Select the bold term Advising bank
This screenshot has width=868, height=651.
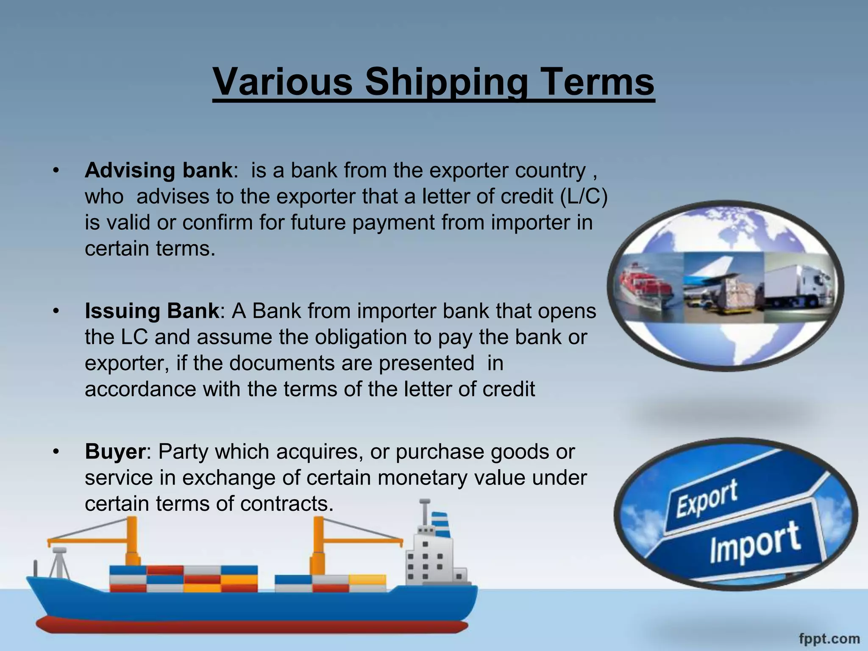pyautogui.click(x=159, y=170)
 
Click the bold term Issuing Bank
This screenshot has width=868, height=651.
pyautogui.click(x=152, y=311)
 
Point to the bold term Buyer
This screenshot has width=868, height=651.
pyautogui.click(x=115, y=452)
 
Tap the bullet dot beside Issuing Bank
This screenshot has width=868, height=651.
pyautogui.click(x=56, y=312)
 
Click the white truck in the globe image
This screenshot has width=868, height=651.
pyautogui.click(x=797, y=286)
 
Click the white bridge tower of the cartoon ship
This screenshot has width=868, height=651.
pyautogui.click(x=432, y=559)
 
